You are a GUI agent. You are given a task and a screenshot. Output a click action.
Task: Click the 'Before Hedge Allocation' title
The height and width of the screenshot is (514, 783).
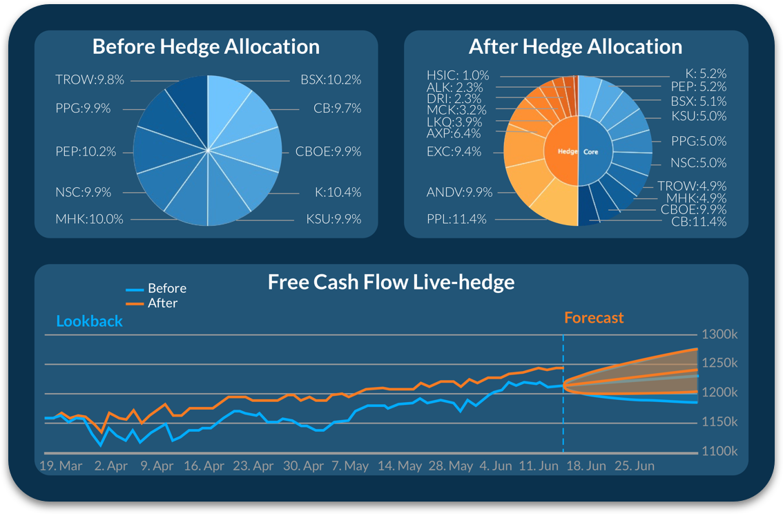tap(206, 47)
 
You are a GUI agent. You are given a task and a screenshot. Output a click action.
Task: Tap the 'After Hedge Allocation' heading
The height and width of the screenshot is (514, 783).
tap(575, 47)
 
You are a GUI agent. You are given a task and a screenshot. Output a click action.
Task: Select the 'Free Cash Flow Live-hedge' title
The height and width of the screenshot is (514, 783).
tap(391, 282)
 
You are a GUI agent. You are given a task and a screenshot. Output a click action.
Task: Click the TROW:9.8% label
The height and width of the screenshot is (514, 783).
tap(90, 80)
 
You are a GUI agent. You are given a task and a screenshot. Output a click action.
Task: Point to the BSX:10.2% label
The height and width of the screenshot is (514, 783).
tap(331, 80)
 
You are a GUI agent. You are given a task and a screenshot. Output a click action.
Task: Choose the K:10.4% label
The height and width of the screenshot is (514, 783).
tap(338, 192)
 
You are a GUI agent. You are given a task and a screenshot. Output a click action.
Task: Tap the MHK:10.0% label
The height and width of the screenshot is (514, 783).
tap(89, 220)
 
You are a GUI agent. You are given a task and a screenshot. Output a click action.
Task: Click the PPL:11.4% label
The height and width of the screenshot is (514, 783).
tap(456, 220)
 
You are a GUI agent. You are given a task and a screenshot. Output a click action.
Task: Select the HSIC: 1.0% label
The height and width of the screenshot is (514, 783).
tap(457, 75)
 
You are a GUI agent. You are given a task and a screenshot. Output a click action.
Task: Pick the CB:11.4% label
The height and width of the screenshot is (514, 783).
tap(699, 222)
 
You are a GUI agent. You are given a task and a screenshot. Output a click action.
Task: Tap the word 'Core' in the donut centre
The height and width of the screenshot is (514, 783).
tap(591, 152)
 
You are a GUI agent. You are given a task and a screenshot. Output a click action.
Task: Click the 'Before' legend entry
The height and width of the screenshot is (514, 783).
tap(167, 289)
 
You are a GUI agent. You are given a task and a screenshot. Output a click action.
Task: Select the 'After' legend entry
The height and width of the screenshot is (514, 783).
tap(163, 303)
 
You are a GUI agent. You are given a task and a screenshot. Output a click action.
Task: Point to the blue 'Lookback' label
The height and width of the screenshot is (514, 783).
tap(89, 321)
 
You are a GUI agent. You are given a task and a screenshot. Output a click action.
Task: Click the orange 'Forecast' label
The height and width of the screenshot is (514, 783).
tap(594, 318)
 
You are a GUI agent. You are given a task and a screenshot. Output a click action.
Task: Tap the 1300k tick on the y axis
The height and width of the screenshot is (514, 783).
tap(720, 335)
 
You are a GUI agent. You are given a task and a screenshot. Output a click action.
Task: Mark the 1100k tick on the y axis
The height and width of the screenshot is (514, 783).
tap(720, 452)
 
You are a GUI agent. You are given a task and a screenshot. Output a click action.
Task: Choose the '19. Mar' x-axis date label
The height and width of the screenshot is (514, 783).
tap(61, 466)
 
